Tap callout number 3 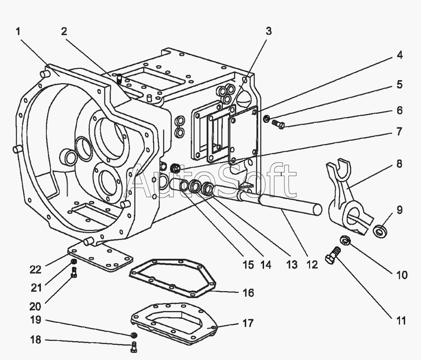269,31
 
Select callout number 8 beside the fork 399,165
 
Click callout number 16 248,293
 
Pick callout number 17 248,323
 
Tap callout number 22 36,270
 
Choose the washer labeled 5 266,119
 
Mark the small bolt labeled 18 134,346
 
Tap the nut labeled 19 134,335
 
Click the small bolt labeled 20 74,271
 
